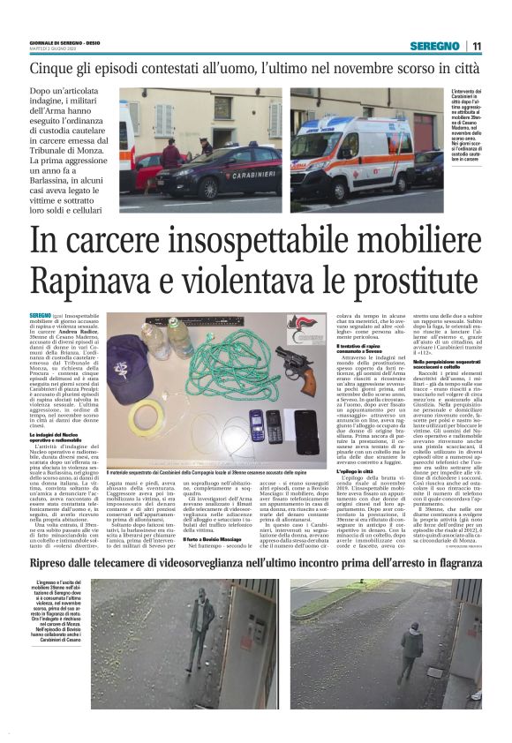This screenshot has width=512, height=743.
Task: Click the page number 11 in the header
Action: pyautogui.click(x=477, y=46)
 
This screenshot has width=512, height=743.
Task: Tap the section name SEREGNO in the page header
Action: pyautogui.click(x=435, y=46)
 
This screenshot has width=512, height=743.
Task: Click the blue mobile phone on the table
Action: pyautogui.click(x=255, y=424)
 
